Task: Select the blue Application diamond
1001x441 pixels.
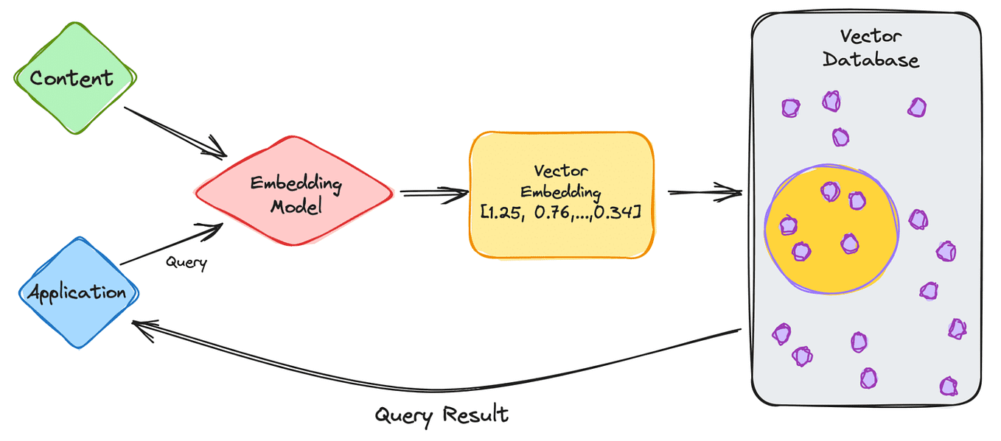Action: click(77, 292)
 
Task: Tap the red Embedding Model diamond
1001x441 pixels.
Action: click(295, 194)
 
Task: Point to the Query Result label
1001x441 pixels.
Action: click(442, 414)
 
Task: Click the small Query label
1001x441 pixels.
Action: click(186, 261)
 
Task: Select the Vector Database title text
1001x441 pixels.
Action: click(871, 48)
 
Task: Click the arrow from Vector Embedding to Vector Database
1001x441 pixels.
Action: click(704, 193)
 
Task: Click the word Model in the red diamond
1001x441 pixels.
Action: click(296, 206)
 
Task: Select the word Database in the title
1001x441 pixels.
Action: click(871, 59)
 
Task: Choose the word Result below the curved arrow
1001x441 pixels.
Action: click(475, 414)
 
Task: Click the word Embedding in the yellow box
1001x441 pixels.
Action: click(561, 192)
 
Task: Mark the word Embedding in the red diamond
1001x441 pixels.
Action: click(296, 183)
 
